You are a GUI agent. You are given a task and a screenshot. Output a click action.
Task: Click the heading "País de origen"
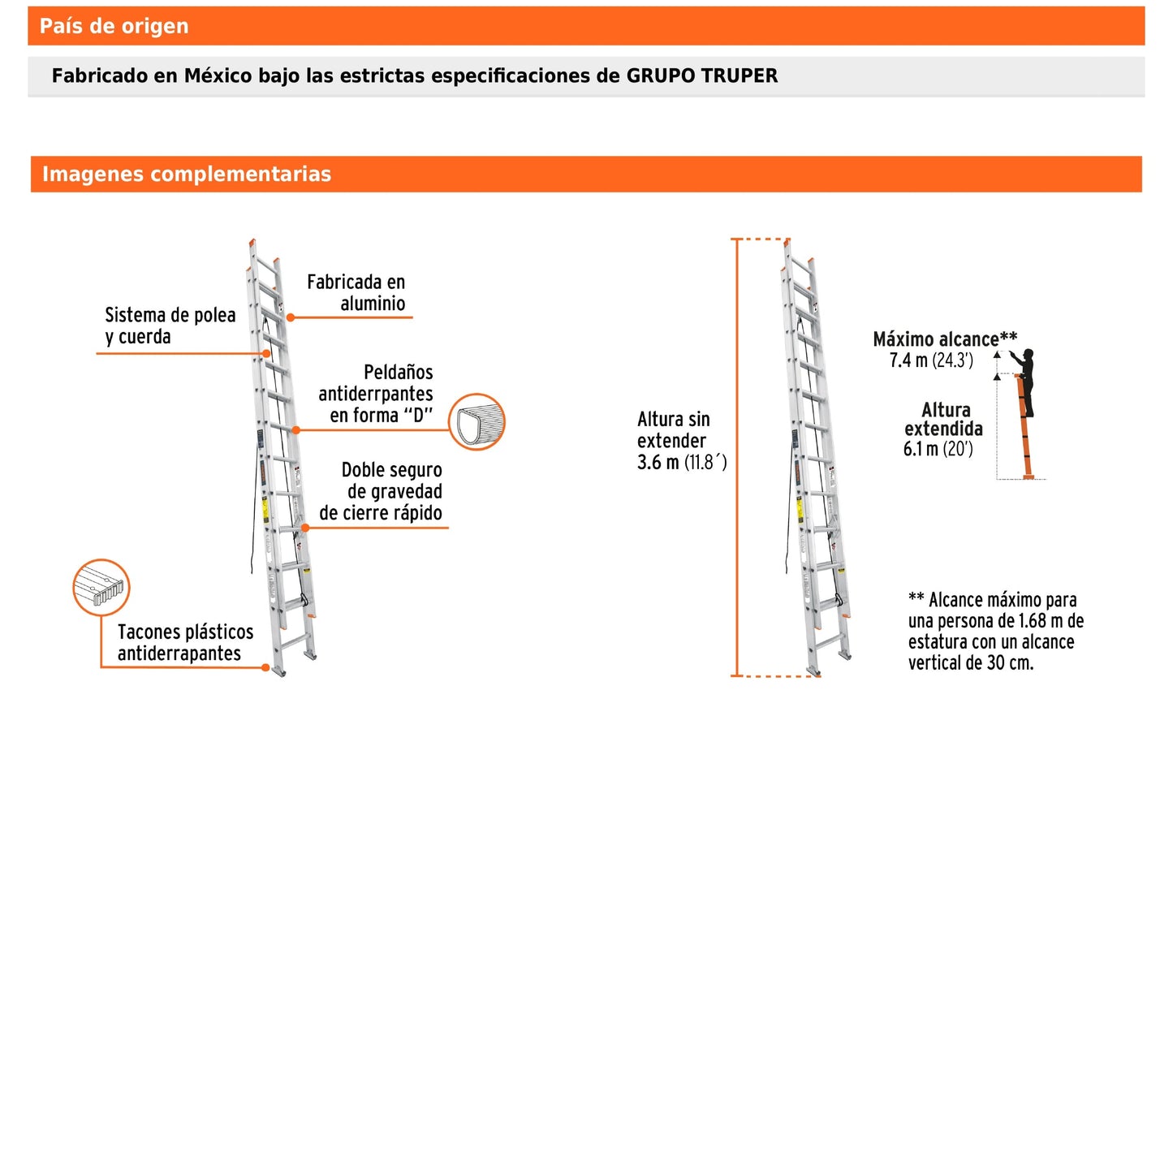tap(114, 26)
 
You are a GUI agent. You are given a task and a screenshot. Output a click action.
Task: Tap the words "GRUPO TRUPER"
tap(701, 76)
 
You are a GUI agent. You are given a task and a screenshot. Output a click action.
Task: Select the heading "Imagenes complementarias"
tap(186, 175)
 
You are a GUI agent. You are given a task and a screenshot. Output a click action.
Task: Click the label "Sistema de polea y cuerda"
tap(170, 326)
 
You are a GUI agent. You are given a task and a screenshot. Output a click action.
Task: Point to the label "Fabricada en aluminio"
tap(356, 292)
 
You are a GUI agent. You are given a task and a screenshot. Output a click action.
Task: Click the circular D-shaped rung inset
tap(477, 422)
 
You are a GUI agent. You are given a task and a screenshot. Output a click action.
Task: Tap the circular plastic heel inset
tap(101, 587)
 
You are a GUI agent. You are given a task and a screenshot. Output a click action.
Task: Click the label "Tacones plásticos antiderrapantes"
tap(185, 642)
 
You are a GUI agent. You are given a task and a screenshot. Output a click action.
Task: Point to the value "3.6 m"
tap(658, 463)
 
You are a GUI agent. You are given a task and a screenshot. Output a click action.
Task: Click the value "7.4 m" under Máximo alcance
tap(908, 361)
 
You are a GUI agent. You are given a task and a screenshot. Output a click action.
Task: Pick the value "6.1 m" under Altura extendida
tap(920, 450)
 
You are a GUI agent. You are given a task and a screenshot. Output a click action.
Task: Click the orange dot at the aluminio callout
tap(291, 317)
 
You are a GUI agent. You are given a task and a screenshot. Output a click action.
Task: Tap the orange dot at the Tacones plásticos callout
tap(265, 667)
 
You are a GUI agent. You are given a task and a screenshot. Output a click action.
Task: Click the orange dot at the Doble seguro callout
tap(305, 528)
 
